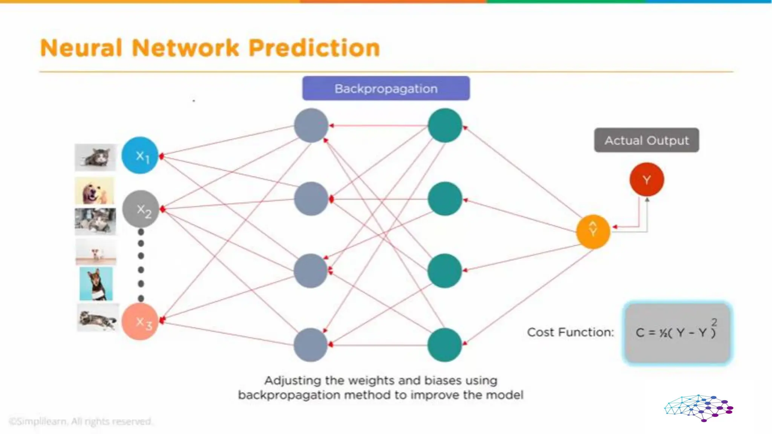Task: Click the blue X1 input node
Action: tap(140, 155)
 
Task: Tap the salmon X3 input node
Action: tap(140, 321)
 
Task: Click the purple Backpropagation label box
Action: tap(386, 89)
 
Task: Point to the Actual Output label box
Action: tap(646, 140)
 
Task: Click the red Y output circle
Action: tap(646, 179)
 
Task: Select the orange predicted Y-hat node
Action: tap(593, 231)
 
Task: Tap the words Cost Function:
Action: tap(570, 332)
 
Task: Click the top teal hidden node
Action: tap(445, 125)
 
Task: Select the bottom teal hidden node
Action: tap(445, 345)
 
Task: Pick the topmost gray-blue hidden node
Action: tap(311, 125)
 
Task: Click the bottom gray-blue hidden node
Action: tap(311, 345)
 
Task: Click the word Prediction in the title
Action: tap(314, 48)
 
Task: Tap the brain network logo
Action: tap(698, 408)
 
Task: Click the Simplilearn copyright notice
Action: tap(80, 421)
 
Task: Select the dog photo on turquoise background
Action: tap(96, 284)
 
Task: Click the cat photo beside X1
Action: tap(95, 157)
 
